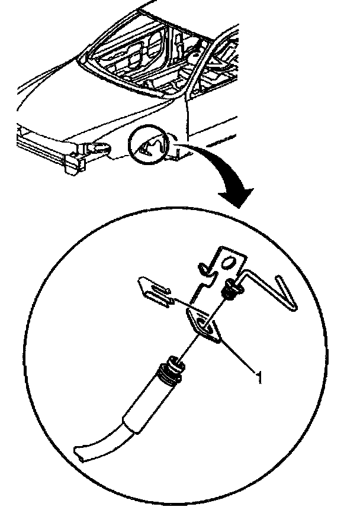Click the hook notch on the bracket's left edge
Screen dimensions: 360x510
pos(205,270)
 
